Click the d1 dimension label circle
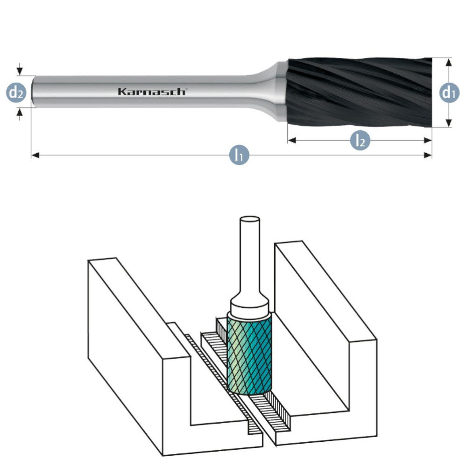448,93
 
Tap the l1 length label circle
239,155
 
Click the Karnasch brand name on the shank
152,92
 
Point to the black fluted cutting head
360,92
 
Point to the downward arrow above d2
19,71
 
